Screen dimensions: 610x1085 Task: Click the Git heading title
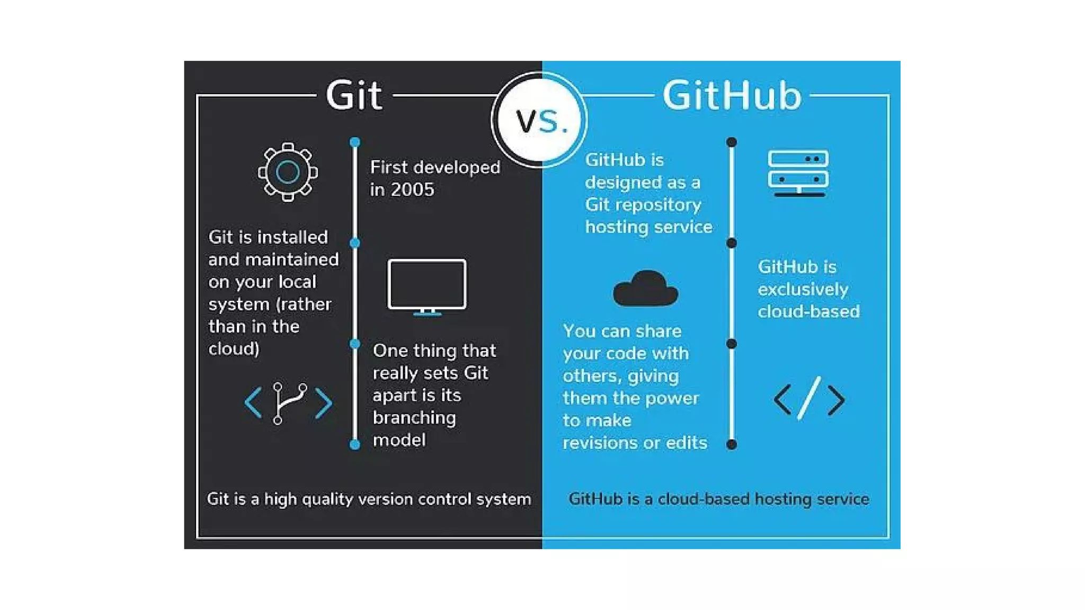[x=354, y=96]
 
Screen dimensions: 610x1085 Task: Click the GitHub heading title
[x=732, y=96]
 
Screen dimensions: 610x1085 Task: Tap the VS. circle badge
[x=540, y=121]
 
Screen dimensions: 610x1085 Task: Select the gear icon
[x=288, y=172]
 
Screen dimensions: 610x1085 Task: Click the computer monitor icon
[x=427, y=286]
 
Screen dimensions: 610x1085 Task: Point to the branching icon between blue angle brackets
[x=288, y=403]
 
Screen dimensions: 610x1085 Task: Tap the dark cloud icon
[x=645, y=289]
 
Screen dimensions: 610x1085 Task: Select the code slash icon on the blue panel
[x=809, y=399]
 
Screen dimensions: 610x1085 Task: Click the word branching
[x=414, y=418]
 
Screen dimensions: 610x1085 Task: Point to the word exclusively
[x=803, y=289]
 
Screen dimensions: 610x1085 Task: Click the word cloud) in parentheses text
[x=234, y=349]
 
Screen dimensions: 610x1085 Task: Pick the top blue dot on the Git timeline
[x=355, y=142]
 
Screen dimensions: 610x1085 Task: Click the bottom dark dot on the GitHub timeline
[x=732, y=444]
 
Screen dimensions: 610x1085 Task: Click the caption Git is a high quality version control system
[x=369, y=499]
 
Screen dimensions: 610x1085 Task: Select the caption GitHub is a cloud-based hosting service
[x=718, y=499]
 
